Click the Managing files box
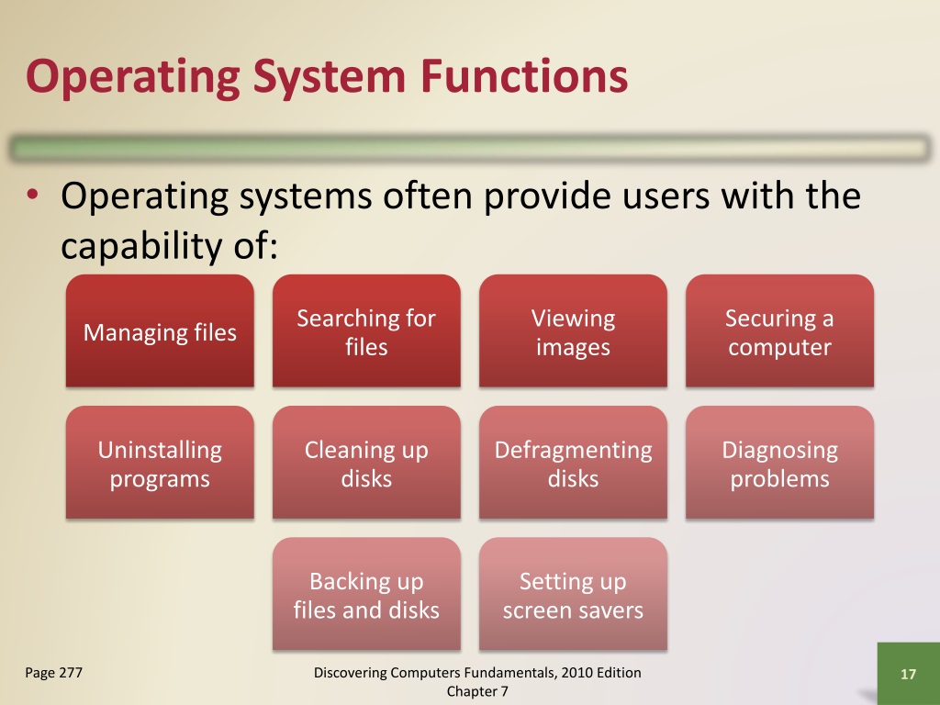[x=160, y=331]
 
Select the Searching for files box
[x=366, y=331]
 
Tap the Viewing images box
[x=573, y=331]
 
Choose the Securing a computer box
[x=779, y=331]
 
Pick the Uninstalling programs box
[x=160, y=464]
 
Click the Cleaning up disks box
[x=366, y=464]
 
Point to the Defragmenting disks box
[x=573, y=464]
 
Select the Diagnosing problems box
[x=779, y=464]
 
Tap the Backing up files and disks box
[x=366, y=595]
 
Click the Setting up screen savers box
[x=573, y=595]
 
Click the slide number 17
[x=909, y=675]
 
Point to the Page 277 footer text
[x=53, y=674]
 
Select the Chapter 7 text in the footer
[x=477, y=691]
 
